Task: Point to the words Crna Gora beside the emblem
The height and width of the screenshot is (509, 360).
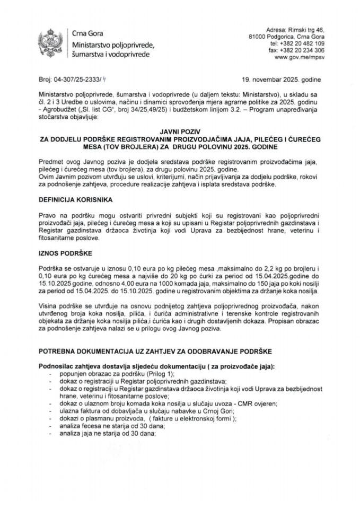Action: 86,34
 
